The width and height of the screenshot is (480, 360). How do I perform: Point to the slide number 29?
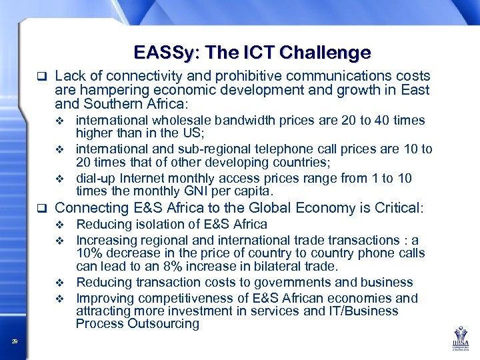[15, 341]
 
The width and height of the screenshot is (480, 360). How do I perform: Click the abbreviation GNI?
[201, 191]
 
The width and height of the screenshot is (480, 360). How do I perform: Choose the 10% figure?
[89, 253]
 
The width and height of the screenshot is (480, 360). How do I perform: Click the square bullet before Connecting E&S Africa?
[41, 209]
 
